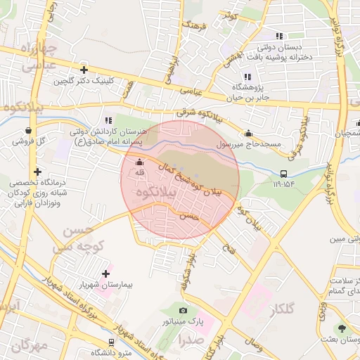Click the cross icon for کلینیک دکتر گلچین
coord(84,70)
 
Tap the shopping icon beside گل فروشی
coord(27,130)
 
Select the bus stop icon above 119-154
coord(284,173)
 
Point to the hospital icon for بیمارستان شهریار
coord(106,273)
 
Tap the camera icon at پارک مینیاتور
coord(184,310)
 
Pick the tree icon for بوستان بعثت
coord(342,328)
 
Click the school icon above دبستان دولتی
coord(279,36)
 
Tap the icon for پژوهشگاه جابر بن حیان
coord(247,77)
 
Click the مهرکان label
coord(30,345)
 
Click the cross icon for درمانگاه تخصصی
coord(37,172)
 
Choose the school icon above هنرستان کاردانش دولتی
coord(108,120)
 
